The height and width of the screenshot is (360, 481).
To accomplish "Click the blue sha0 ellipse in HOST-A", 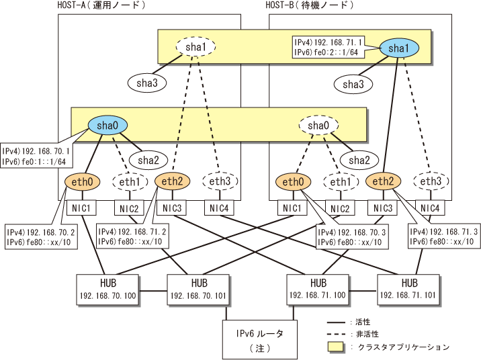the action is [107, 126].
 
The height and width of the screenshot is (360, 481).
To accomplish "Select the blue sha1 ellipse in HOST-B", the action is [399, 48].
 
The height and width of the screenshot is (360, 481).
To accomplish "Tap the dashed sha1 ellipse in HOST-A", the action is [195, 47].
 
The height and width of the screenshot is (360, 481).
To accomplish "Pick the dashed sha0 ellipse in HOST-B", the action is [318, 126].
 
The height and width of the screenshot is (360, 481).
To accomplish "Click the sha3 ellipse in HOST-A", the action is [147, 83].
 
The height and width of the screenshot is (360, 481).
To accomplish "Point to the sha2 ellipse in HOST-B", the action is [359, 160].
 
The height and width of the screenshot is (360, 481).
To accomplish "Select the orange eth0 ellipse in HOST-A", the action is [82, 182].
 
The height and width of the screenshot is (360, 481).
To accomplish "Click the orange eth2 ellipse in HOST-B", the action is [383, 181].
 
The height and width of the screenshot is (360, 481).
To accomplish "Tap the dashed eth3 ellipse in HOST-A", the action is [220, 181].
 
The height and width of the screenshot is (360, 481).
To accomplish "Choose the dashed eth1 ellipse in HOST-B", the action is [341, 182].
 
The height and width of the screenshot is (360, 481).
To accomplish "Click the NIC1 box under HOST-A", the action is [81, 208].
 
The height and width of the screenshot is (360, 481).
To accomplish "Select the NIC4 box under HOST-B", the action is [430, 208].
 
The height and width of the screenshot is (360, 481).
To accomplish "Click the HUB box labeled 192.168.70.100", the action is [107, 289].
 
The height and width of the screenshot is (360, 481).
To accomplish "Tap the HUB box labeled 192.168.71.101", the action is [408, 289].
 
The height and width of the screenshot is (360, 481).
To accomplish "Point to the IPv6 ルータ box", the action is [260, 339].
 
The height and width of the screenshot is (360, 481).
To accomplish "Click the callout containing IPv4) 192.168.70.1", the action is [36, 155].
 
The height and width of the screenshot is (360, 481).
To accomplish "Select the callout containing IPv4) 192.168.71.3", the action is [444, 236].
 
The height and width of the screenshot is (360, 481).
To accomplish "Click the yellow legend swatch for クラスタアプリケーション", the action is [336, 347].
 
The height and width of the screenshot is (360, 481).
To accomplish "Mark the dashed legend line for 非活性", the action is [336, 334].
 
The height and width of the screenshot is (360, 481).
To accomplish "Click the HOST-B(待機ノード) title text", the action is [310, 5].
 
